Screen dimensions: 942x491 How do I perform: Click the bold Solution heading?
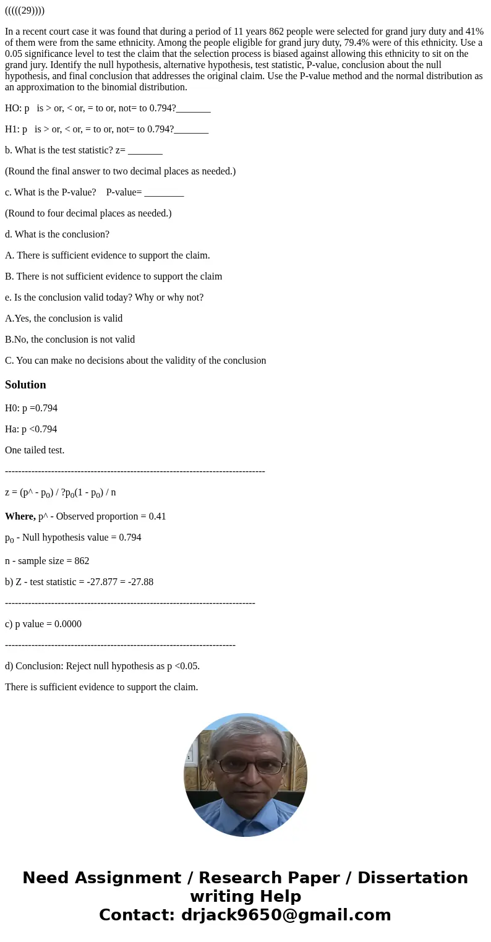pos(25,385)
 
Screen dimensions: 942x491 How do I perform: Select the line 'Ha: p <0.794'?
pos(31,429)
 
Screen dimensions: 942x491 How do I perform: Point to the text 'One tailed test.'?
pos(35,450)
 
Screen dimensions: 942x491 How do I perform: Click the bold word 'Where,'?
pos(20,516)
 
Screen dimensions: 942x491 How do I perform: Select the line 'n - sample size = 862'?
pos(47,561)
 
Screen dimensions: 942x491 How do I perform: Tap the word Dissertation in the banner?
pos(412,878)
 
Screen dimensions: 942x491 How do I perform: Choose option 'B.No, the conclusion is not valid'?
pos(70,340)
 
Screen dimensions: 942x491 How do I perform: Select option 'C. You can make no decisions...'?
pos(135,361)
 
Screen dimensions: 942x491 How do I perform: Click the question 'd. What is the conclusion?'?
pos(57,234)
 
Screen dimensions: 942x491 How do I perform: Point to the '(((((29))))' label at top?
pos(25,11)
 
